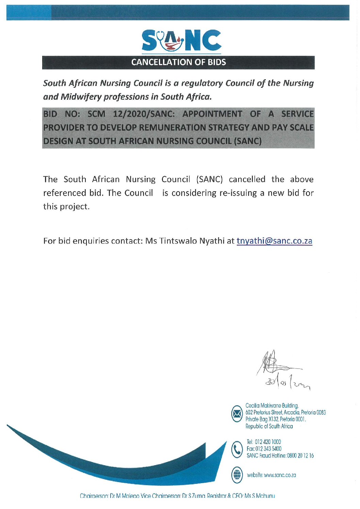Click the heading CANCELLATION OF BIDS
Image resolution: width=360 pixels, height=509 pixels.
(179, 62)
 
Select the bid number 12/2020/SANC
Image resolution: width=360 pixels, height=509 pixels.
(144, 114)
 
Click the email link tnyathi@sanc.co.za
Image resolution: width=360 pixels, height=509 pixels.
(274, 241)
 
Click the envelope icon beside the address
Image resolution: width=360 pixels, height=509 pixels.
(237, 414)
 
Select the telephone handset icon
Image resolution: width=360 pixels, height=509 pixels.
(237, 449)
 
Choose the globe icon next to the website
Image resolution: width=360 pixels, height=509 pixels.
(237, 475)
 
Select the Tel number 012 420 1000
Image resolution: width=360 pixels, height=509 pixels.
(268, 442)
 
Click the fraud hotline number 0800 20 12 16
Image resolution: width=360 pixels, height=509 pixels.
(300, 456)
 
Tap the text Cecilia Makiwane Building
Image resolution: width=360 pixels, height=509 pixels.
(272, 406)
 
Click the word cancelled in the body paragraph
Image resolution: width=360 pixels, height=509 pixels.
(247, 179)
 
